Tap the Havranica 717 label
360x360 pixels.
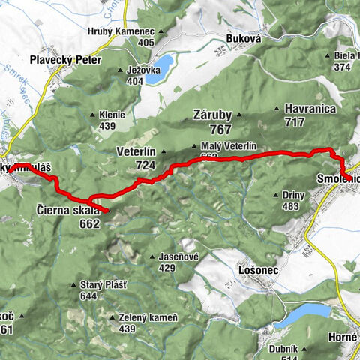coord(309,115)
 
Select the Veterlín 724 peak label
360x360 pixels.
coord(136,157)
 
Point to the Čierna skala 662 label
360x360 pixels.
coord(67,216)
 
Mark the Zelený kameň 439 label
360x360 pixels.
coord(148,322)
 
